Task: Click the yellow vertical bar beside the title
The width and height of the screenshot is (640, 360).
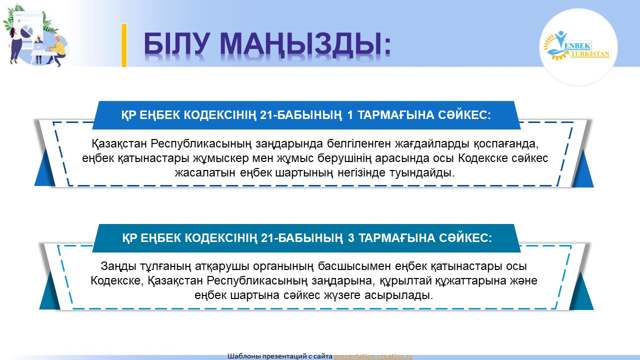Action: pos(124,45)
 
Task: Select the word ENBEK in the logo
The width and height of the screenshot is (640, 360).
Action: pos(577,45)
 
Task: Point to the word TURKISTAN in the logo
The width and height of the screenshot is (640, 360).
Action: pos(590,53)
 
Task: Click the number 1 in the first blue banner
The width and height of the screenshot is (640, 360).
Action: pos(349,115)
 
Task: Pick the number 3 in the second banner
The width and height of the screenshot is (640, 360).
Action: pos(351,238)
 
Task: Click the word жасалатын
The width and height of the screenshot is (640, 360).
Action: pos(205,173)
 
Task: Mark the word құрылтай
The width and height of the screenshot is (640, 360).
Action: pos(405,281)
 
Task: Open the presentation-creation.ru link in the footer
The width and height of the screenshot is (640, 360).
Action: pos(373,356)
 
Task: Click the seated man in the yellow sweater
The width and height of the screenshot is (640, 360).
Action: pos(57,51)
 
